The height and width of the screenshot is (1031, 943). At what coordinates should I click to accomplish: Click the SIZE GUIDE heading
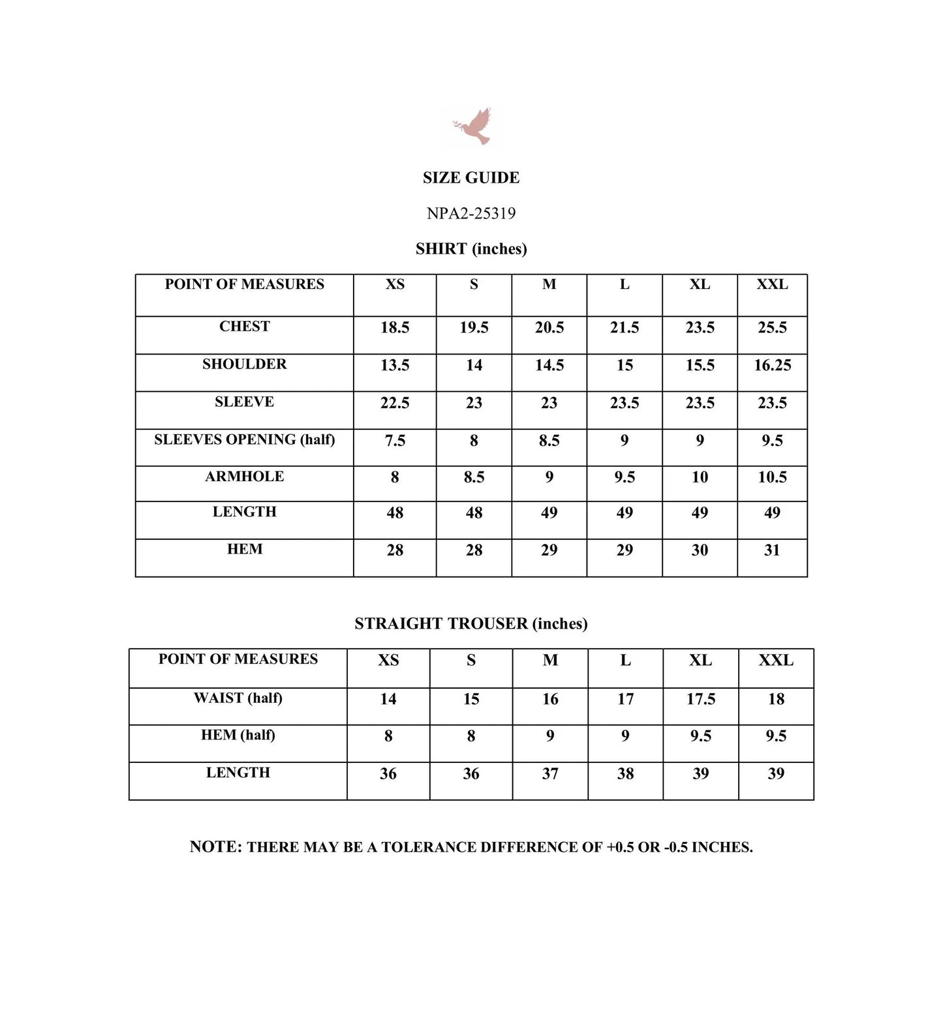pos(471,177)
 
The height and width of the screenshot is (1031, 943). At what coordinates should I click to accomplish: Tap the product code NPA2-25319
pos(471,213)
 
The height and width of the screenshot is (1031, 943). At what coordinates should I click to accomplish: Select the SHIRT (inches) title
pos(471,248)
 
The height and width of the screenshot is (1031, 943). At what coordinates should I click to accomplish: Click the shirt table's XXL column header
pos(772,284)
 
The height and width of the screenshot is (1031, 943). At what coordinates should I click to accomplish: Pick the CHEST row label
pos(244,326)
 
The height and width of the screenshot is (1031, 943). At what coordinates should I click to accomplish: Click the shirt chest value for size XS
pos(395,327)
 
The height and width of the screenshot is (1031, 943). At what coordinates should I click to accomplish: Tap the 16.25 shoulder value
pos(772,365)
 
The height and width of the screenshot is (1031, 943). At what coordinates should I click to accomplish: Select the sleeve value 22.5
pos(395,403)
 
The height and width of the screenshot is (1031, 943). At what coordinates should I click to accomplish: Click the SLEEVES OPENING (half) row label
pos(244,440)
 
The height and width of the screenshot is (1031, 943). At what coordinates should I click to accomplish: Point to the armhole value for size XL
pos(700,477)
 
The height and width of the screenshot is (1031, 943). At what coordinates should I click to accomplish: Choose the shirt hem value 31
pos(772,550)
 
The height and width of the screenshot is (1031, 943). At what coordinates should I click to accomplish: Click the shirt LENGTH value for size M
pos(549,513)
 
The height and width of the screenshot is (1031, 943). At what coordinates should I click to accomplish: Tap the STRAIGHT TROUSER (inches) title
pos(471,623)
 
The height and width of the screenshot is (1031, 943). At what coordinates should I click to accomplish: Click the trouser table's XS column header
pos(388,660)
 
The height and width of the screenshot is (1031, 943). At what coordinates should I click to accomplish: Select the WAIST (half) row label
pos(238,698)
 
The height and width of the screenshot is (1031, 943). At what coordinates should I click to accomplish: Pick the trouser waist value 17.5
pos(701,699)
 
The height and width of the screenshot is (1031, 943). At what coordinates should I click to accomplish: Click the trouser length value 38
pos(625,774)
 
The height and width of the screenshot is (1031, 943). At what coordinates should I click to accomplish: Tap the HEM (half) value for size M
pos(550,736)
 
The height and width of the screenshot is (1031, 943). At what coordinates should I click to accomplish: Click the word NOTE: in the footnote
pos(215,846)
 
